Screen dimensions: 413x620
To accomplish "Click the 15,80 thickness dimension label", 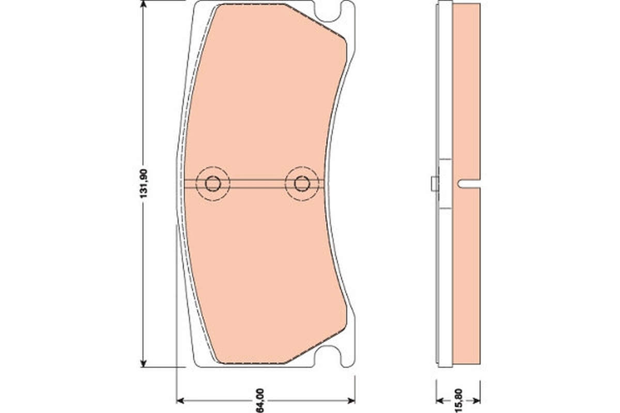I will (458, 400).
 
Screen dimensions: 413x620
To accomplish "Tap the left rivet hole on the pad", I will (212, 183).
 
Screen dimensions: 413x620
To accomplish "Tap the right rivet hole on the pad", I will (302, 183).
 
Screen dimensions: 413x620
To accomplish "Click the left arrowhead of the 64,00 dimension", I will (180, 400).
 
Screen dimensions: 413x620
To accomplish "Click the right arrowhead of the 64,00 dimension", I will (351, 400).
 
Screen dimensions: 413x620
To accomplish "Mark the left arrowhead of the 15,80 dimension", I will (440, 400).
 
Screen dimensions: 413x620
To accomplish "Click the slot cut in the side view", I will (468, 183).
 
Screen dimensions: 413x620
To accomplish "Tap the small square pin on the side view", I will (435, 183).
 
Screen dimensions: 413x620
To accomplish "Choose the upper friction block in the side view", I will (466, 90).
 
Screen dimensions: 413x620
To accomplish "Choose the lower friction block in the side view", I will (466, 274).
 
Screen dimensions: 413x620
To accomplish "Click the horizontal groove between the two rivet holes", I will (257, 183).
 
